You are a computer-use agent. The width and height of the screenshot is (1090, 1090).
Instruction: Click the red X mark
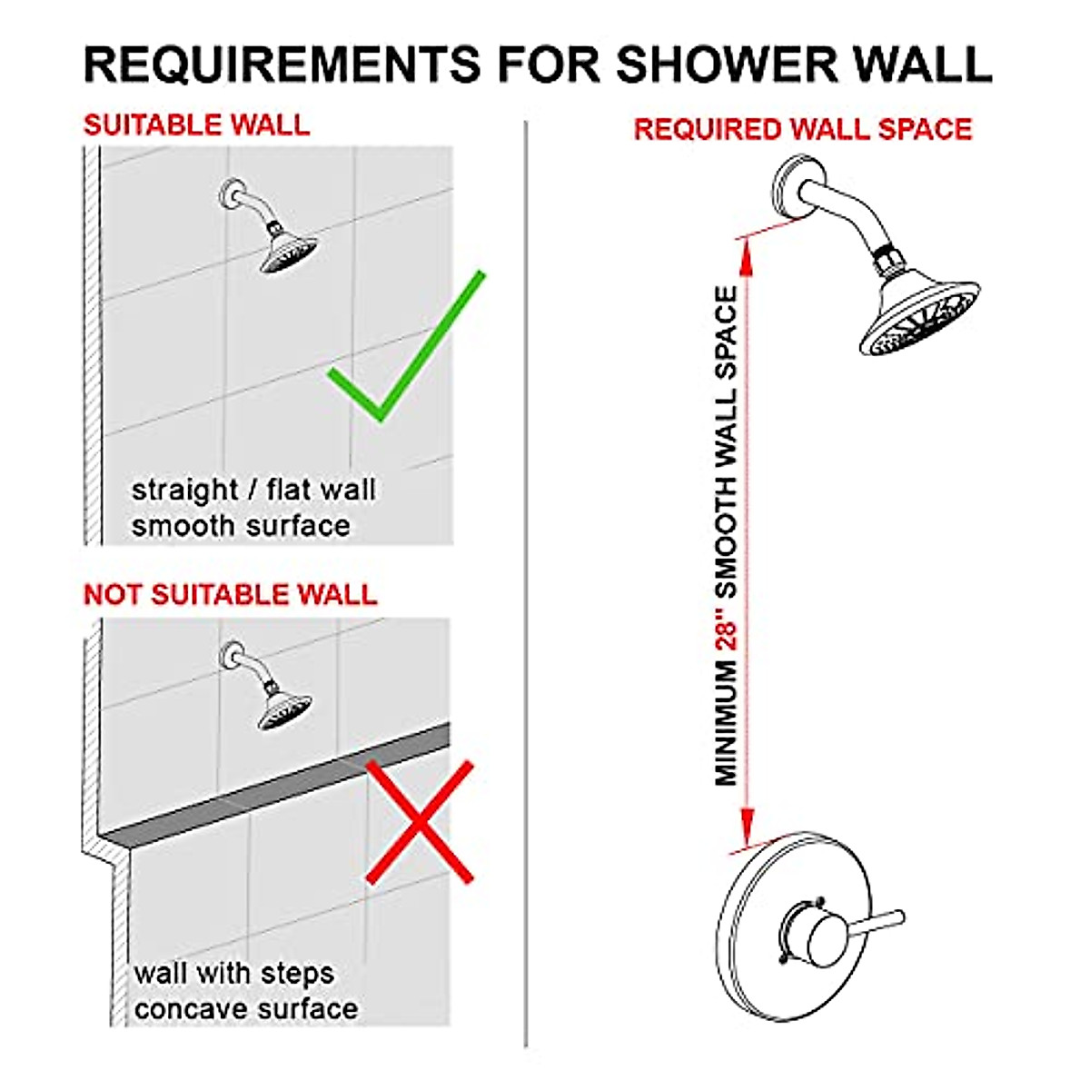tap(420, 822)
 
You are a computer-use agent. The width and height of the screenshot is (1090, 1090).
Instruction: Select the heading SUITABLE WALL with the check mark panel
tap(196, 124)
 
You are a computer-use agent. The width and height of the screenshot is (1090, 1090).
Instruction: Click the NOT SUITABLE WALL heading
tap(230, 595)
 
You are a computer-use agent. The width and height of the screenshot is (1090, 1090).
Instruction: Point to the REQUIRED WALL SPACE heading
tap(803, 129)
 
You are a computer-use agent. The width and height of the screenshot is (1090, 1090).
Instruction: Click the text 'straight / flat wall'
tap(253, 490)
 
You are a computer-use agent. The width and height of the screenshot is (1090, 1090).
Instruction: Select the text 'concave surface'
tap(245, 1009)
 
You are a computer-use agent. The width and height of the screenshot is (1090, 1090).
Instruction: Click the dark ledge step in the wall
tap(272, 790)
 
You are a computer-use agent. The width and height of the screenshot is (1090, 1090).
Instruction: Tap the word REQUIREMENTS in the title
tap(282, 64)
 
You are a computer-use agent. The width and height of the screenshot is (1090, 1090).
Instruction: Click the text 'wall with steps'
tap(234, 974)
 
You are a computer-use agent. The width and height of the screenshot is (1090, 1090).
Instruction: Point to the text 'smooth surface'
tap(241, 526)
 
